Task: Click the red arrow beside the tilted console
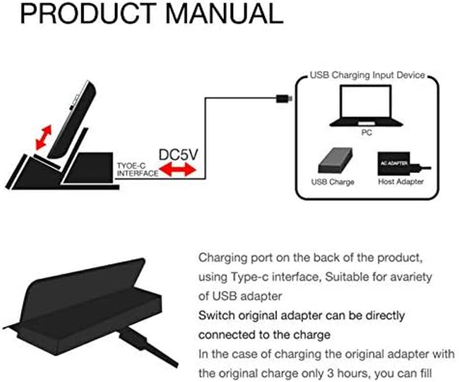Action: [x=44, y=137]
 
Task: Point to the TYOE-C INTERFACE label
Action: [x=137, y=170]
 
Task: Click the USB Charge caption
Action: [x=332, y=182]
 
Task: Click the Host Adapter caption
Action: [x=401, y=182]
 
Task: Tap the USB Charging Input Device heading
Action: [x=367, y=75]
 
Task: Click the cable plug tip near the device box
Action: [x=285, y=99]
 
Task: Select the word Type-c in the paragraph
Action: [x=250, y=276]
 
